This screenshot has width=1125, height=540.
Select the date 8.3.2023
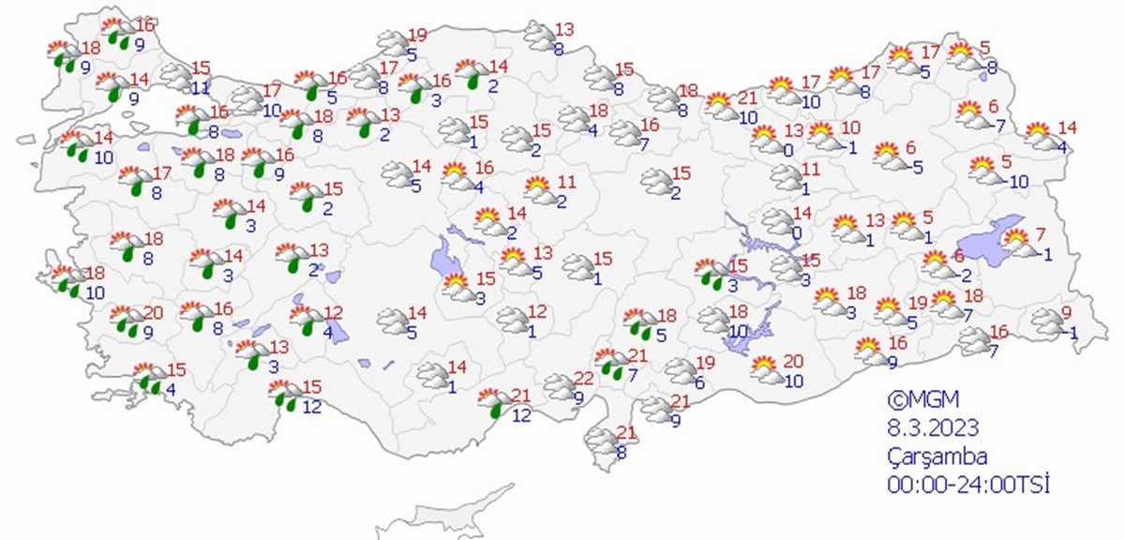(933, 428)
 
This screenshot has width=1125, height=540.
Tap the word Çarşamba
(937, 457)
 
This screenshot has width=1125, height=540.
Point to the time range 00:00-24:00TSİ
(967, 485)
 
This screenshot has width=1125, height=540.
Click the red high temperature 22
(583, 378)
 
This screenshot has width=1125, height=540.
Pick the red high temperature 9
(1065, 313)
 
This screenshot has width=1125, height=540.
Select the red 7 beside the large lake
(1041, 233)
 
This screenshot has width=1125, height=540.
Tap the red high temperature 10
(850, 127)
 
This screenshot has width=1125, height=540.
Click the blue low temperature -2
(965, 275)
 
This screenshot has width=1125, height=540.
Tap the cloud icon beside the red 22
(560, 386)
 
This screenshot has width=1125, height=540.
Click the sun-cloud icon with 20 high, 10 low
(768, 369)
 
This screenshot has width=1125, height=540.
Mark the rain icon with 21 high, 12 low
(492, 404)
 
